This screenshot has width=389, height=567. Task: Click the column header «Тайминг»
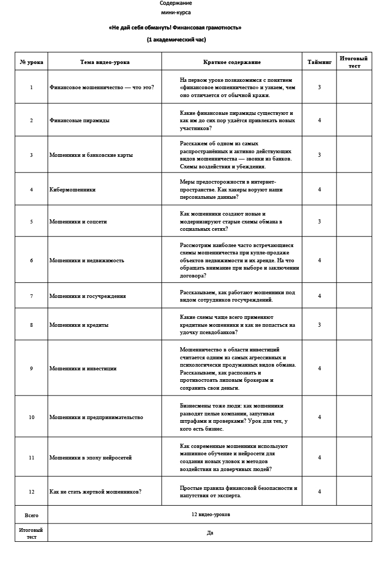(x=319, y=62)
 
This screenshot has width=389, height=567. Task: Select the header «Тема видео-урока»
(x=104, y=62)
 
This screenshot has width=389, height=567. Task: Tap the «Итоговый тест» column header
(x=353, y=62)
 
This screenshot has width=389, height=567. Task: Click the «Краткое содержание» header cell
(x=232, y=62)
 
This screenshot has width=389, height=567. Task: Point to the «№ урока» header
(x=31, y=62)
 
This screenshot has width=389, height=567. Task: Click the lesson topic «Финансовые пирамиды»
(x=79, y=120)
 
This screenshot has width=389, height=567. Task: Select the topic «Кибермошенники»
(x=72, y=189)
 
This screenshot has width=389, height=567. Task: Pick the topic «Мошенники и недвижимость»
(x=87, y=260)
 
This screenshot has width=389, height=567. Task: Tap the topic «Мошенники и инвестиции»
(x=83, y=368)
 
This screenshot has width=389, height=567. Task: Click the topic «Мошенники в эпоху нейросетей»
(x=90, y=457)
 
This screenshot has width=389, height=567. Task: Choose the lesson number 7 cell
(x=31, y=296)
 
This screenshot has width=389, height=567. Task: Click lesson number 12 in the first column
(x=31, y=491)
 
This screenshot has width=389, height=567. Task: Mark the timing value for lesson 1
(x=319, y=87)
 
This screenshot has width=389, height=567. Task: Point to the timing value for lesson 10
(x=319, y=417)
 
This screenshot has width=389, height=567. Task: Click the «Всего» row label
(x=31, y=515)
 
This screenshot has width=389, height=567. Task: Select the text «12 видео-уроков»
(x=211, y=515)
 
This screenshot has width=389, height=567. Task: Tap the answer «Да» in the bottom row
(x=210, y=532)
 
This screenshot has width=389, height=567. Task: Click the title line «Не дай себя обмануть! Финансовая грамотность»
(x=175, y=28)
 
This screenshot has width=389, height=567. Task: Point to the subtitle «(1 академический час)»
(x=176, y=39)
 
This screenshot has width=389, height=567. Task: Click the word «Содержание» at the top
(x=176, y=3)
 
